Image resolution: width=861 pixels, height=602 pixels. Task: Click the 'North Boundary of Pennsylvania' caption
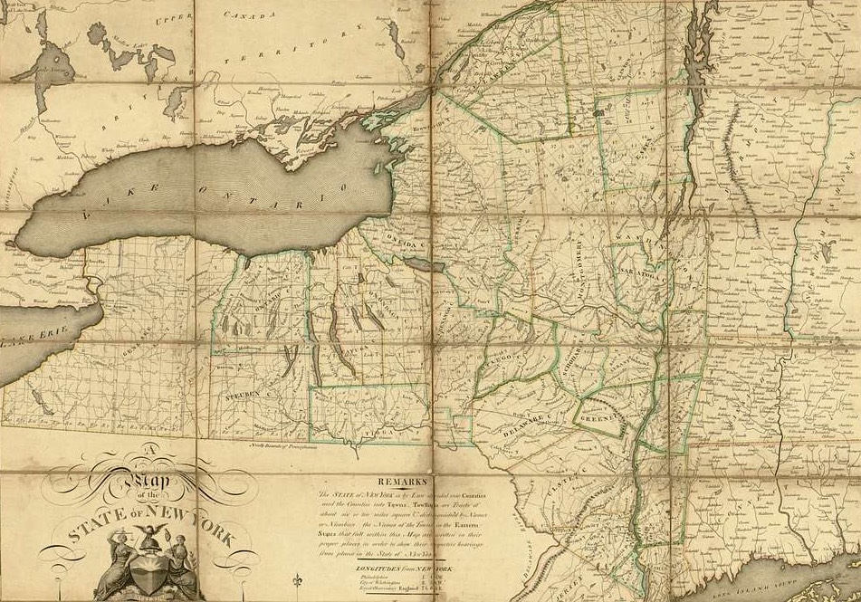281,443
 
